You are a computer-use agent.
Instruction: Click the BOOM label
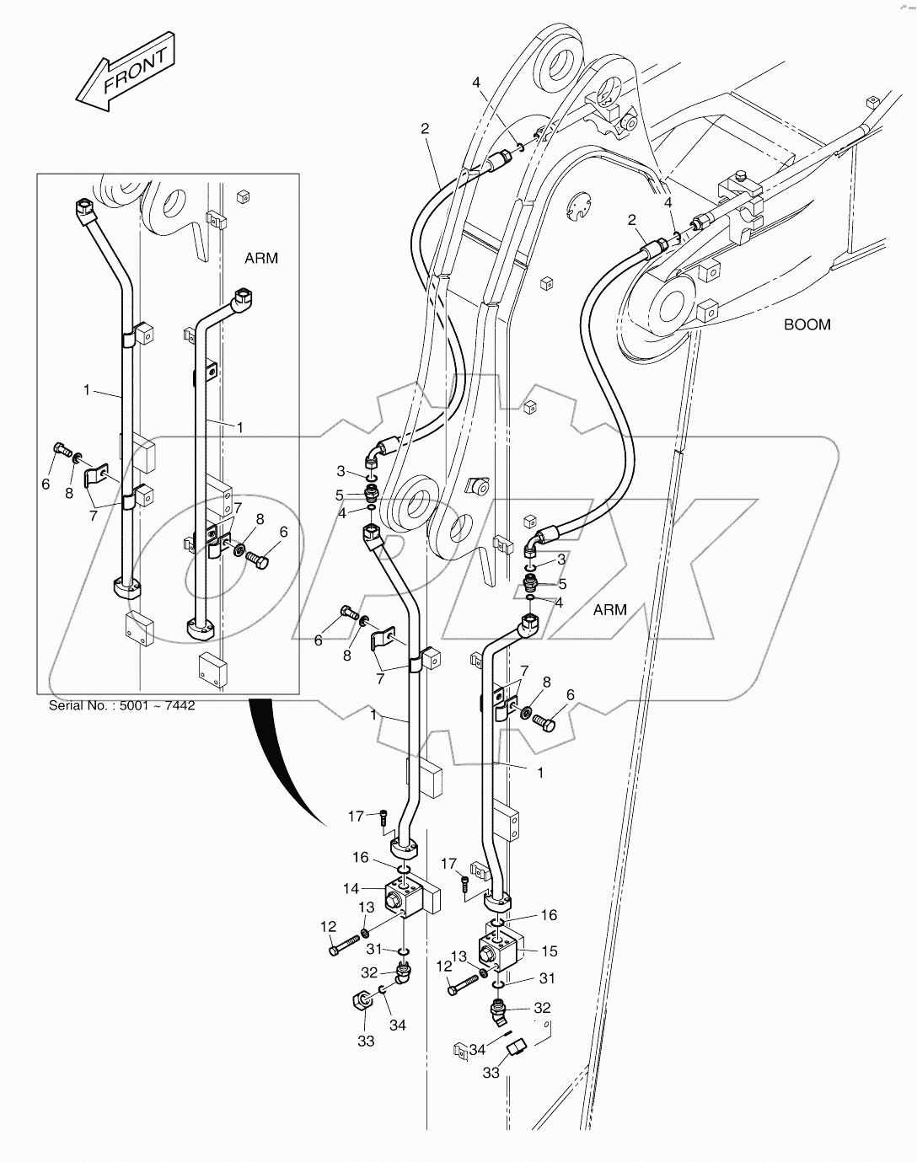807,324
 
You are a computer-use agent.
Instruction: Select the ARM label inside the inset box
260,259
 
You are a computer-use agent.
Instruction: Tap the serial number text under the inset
121,705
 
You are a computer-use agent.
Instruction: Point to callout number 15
549,951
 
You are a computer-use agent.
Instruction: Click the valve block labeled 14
405,897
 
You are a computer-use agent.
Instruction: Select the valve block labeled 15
502,947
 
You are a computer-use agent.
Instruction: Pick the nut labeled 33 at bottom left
359,1003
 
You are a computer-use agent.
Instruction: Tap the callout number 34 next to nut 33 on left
397,1025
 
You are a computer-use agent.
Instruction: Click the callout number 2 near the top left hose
425,128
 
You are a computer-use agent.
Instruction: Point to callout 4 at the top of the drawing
476,83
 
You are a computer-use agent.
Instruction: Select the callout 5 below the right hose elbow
562,584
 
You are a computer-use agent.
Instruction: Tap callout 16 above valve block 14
361,857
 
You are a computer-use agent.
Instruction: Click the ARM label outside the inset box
609,609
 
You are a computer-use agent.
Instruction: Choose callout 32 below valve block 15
542,1007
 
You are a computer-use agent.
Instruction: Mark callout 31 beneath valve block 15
548,978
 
